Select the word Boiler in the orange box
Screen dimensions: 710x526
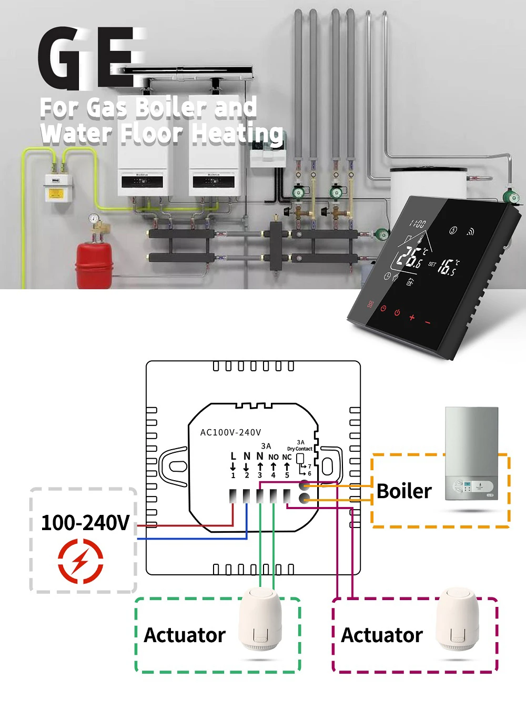(x=403, y=491)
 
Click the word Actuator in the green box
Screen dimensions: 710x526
(x=185, y=635)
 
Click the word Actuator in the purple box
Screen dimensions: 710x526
(x=382, y=635)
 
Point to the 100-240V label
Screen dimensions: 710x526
(x=85, y=523)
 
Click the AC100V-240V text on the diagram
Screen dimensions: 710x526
(x=230, y=432)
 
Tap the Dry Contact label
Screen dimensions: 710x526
(x=300, y=449)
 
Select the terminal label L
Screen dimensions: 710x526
(x=233, y=456)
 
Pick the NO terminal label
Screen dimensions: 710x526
(x=273, y=457)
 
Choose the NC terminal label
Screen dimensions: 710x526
(x=287, y=457)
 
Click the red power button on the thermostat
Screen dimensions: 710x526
(x=397, y=312)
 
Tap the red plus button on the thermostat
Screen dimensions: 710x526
(x=412, y=317)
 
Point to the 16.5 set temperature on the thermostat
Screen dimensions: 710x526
(x=448, y=267)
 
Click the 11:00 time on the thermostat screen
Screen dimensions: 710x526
(x=418, y=225)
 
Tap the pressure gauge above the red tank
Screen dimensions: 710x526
(x=94, y=218)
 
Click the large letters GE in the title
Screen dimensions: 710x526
(x=89, y=58)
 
